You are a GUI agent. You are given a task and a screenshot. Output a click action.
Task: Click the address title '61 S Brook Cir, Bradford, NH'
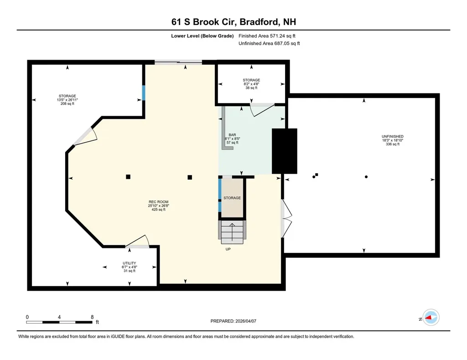click(233, 22)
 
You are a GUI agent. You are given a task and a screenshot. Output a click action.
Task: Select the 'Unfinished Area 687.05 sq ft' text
click(269, 44)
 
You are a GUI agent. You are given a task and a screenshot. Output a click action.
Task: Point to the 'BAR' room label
click(232, 135)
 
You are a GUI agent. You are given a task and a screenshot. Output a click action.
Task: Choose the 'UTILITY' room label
click(129, 263)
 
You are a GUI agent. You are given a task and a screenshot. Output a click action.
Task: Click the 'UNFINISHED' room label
click(392, 137)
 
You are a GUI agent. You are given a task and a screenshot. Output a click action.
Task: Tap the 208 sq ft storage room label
click(67, 96)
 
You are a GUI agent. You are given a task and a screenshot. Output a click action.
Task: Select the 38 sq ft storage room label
click(251, 80)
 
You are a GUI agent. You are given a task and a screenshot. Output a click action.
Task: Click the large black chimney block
click(285, 151)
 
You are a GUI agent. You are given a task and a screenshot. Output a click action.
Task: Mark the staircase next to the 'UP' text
click(232, 231)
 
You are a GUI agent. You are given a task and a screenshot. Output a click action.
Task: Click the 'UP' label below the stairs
click(228, 249)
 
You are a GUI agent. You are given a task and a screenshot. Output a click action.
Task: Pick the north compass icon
click(430, 318)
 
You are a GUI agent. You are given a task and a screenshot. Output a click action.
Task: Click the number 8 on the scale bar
click(92, 317)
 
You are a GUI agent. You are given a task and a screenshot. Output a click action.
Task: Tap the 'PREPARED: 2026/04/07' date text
click(236, 321)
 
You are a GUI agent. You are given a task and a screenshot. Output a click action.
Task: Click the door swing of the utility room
click(137, 242)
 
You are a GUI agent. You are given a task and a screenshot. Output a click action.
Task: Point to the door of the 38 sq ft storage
click(261, 109)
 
